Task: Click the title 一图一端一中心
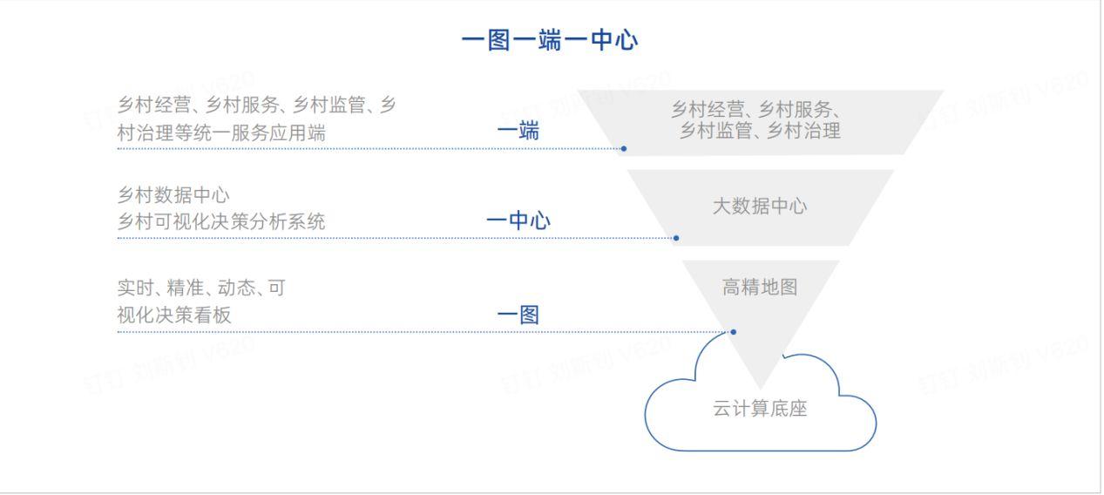(x=550, y=40)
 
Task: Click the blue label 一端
(x=518, y=132)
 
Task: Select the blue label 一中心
(x=518, y=221)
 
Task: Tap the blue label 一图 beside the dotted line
(x=518, y=315)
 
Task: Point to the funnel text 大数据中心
(x=760, y=207)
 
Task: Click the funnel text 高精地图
(x=760, y=287)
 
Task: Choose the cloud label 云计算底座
(x=760, y=409)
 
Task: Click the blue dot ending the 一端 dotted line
(x=624, y=149)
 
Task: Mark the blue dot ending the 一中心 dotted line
(x=676, y=238)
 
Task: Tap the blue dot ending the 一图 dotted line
(x=734, y=332)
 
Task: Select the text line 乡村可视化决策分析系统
(x=221, y=222)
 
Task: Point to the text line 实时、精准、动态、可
(x=201, y=288)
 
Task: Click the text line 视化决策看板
(x=174, y=315)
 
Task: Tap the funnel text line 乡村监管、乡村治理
(x=760, y=132)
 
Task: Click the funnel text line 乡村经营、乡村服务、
(x=755, y=110)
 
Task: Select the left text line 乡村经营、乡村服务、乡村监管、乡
(x=257, y=105)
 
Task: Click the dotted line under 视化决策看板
(x=392, y=332)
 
